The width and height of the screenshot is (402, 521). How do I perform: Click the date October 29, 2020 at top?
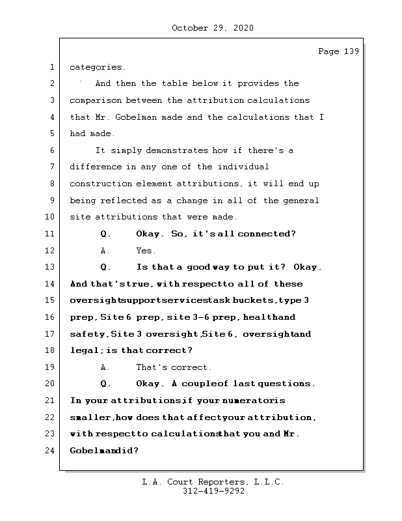tap(212, 28)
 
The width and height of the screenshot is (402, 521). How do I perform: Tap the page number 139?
tap(351, 52)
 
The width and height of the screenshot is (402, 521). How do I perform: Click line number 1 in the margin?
tap(51, 67)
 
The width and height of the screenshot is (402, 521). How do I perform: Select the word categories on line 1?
tap(98, 67)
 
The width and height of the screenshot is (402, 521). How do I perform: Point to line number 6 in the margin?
tap(51, 150)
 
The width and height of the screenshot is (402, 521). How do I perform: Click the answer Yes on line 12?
tap(146, 251)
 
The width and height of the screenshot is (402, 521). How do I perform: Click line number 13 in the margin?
tap(51, 267)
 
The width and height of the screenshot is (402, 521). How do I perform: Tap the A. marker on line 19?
tap(105, 367)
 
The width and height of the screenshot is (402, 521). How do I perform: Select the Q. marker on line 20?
tap(107, 384)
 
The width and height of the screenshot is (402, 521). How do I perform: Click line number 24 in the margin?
tap(51, 451)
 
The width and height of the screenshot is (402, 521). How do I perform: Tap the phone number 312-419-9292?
tap(213, 492)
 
